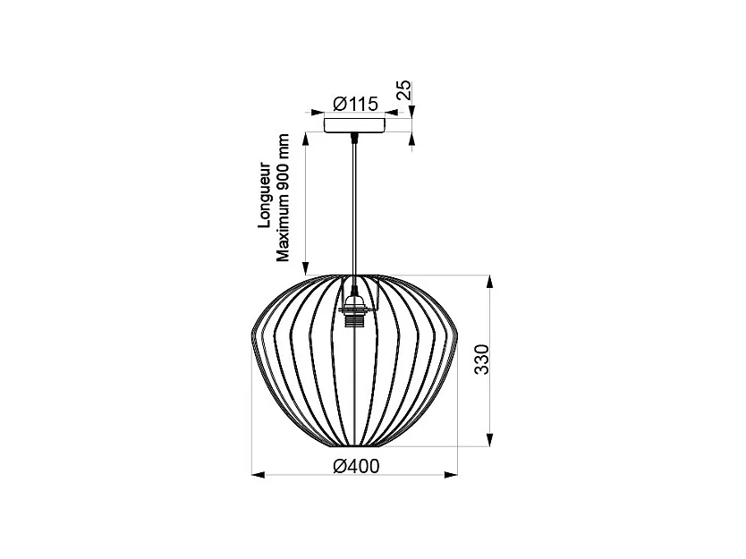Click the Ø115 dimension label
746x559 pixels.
[x=355, y=104]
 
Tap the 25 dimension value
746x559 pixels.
[x=404, y=89]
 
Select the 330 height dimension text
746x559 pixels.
[x=481, y=360]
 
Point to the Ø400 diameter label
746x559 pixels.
[x=355, y=466]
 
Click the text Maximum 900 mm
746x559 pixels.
[x=283, y=197]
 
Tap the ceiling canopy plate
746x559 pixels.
[x=355, y=125]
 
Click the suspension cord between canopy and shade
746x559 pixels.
[x=355, y=206]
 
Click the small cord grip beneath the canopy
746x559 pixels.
[x=355, y=137]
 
